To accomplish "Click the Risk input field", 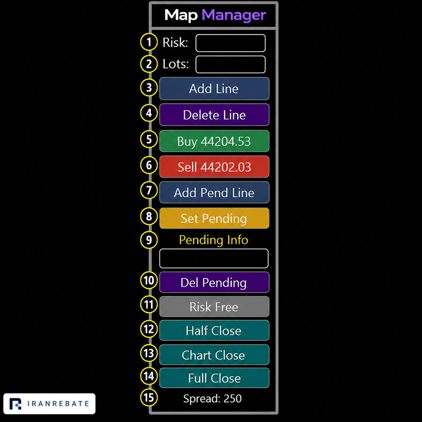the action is pos(230,43).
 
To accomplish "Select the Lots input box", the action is pos(230,64).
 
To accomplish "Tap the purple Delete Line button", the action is pos(214,115).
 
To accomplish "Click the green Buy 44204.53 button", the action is pos(214,141).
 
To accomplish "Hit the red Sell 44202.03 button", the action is pos(214,166).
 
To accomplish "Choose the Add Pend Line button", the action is pos(214,192).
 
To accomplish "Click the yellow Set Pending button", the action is pos(214,218).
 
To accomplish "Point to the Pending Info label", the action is pos(214,240).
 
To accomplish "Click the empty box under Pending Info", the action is pos(214,258).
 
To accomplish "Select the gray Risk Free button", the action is pos(214,307).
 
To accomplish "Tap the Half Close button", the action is pos(214,331).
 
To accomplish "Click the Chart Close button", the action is pos(214,355).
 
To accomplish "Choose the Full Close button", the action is pos(214,378).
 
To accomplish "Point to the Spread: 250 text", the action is pos(212,398).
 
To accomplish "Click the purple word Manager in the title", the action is pos(234,15).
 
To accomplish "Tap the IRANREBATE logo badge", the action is pos(50,404).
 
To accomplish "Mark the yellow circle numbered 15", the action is pos(149,398).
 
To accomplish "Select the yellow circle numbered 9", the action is pos(149,240).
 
